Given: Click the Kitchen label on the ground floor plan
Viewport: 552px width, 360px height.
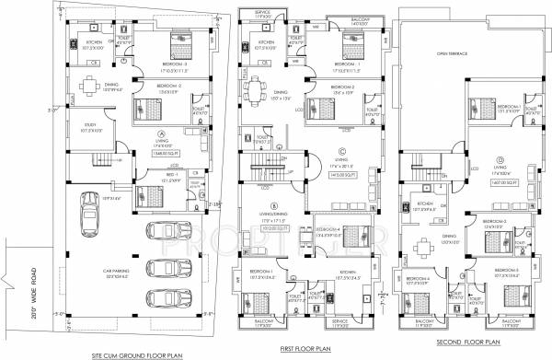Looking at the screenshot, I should click(x=93, y=42).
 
